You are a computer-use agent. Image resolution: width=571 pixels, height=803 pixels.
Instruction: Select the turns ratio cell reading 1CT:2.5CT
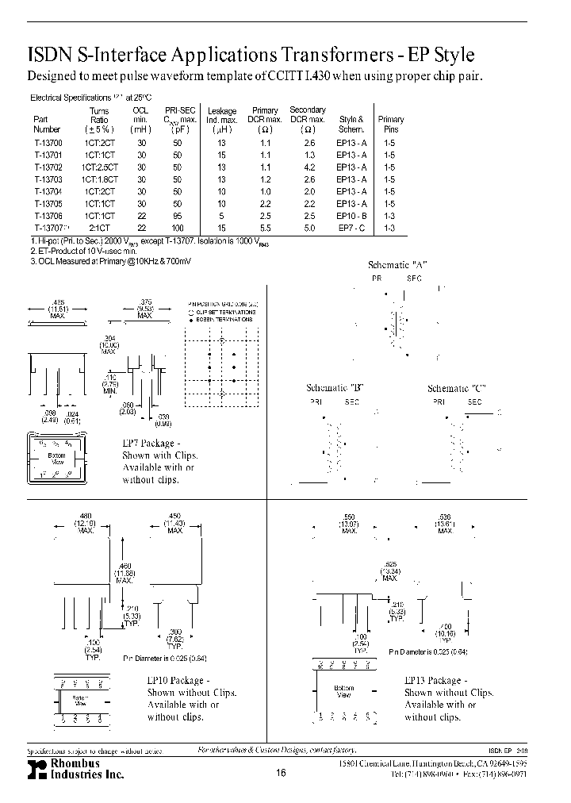[x=99, y=168]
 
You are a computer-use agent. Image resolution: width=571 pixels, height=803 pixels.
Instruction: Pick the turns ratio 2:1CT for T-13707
[x=99, y=229]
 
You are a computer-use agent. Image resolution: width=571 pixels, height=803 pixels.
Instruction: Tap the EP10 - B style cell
[x=351, y=216]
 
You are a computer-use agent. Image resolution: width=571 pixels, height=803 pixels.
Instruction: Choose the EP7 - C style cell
[x=351, y=229]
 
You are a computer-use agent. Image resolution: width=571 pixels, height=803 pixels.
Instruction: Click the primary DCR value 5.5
[x=265, y=229]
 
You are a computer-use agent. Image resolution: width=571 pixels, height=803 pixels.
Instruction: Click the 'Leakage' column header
[x=221, y=111]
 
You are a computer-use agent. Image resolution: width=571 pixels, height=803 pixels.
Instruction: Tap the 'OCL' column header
[x=140, y=111]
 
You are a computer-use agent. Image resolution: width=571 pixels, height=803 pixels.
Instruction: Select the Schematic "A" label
[x=397, y=265]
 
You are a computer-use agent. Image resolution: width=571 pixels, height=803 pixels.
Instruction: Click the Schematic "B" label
[x=335, y=388]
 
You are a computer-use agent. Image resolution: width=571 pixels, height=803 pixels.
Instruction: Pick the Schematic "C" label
[x=456, y=388]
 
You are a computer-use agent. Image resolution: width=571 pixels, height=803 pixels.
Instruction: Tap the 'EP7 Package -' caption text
[x=151, y=444]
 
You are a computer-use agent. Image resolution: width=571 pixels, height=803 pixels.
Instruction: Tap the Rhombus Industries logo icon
[x=36, y=769]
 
